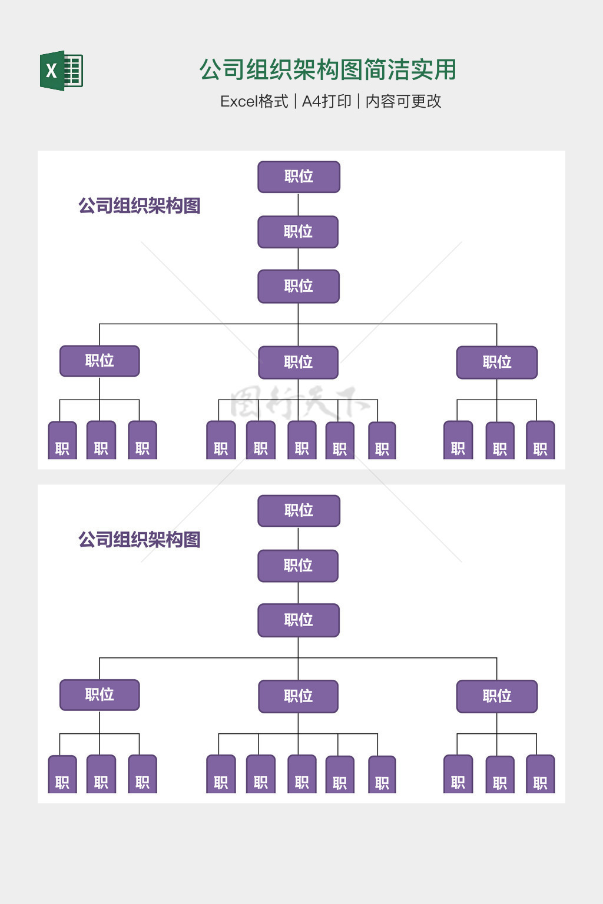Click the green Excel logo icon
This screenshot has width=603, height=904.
click(61, 71)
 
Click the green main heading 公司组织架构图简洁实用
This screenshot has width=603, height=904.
click(327, 69)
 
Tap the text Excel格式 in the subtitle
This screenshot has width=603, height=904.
click(254, 101)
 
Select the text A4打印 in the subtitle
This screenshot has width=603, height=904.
click(326, 101)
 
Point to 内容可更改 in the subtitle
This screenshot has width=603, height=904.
click(403, 101)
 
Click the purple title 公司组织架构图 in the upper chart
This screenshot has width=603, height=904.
click(140, 206)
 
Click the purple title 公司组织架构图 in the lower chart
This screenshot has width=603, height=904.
click(140, 540)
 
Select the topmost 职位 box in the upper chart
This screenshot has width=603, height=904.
click(299, 177)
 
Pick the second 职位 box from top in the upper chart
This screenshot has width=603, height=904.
click(298, 232)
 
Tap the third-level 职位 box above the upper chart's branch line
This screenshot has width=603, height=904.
click(299, 286)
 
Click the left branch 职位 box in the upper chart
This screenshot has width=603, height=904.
click(100, 361)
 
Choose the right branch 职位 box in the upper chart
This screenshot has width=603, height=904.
click(497, 362)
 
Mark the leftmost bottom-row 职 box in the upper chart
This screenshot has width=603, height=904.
click(62, 441)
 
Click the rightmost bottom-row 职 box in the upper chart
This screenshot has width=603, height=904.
click(540, 441)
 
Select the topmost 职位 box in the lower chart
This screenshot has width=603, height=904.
click(299, 510)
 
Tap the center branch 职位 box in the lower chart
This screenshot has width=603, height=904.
click(298, 696)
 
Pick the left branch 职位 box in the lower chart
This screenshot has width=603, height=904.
click(100, 694)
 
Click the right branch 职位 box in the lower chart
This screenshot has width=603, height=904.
click(497, 696)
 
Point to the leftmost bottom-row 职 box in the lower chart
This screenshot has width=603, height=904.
click(62, 775)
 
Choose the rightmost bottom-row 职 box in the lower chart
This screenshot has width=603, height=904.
click(540, 775)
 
